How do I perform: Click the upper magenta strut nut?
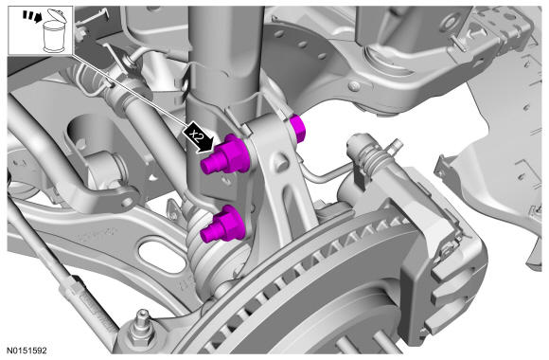[225, 155]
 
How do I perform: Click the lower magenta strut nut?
[223, 225]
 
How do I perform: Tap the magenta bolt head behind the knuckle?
[297, 129]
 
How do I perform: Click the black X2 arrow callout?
[198, 137]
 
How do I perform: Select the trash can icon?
[54, 31]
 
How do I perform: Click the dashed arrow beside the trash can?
[30, 16]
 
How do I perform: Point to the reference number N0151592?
[27, 351]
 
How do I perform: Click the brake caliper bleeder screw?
[396, 146]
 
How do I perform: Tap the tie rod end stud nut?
[142, 332]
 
